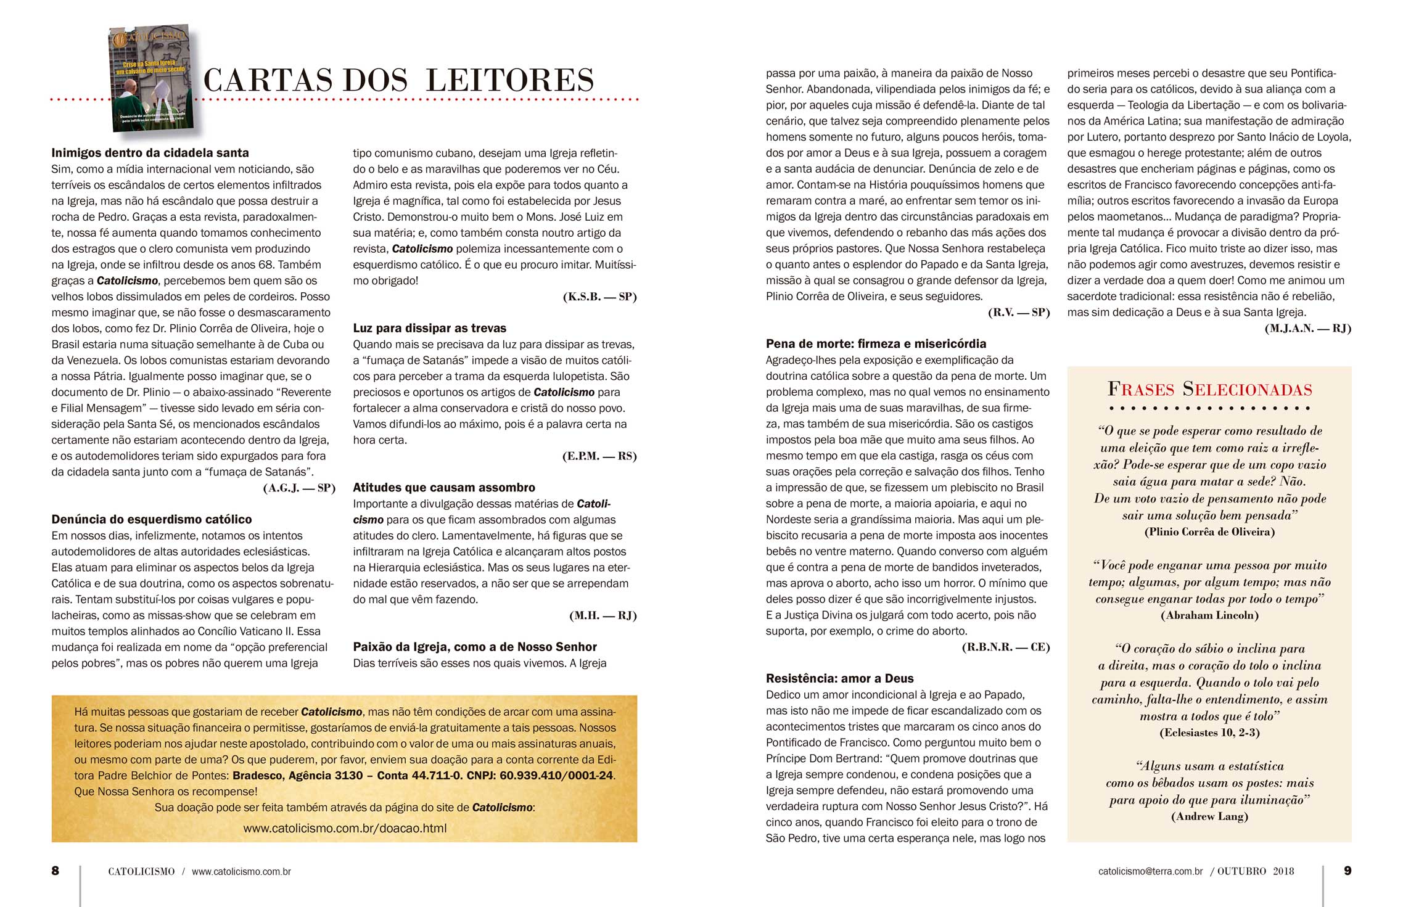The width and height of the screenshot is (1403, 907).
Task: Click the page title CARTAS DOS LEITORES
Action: point(398,81)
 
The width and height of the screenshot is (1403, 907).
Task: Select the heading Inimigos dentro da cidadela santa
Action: point(150,153)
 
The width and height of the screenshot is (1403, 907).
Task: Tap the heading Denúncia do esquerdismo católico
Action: point(152,519)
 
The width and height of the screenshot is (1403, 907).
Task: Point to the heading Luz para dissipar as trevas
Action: point(429,328)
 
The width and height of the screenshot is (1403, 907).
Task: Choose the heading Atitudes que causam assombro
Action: point(444,487)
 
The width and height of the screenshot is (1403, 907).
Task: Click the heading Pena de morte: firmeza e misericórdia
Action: point(876,343)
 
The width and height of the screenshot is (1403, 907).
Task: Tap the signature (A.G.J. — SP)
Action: point(299,488)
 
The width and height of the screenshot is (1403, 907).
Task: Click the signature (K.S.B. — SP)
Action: point(599,297)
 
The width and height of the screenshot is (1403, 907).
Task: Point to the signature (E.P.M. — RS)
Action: point(599,456)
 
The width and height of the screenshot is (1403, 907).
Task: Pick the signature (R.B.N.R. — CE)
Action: point(1005,647)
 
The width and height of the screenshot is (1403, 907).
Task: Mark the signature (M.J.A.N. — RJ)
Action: point(1307,329)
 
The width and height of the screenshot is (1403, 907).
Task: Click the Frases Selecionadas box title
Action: point(1209,389)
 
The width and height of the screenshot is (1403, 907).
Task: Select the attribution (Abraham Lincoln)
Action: point(1209,615)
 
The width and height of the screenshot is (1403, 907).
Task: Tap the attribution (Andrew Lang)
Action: point(1209,816)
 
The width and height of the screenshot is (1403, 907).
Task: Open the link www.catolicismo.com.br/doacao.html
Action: point(345,828)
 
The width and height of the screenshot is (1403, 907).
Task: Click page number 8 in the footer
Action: point(56,871)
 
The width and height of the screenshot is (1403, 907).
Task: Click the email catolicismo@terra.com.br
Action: point(1150,871)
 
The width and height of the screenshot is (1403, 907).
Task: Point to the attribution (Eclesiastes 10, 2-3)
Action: point(1209,733)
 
